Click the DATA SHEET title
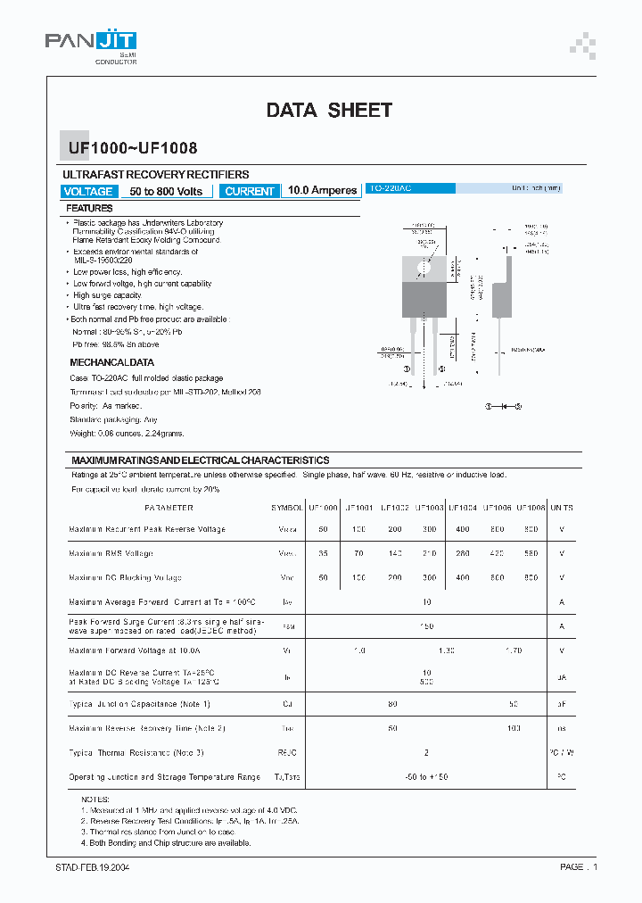[329, 111]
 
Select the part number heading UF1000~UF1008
[129, 149]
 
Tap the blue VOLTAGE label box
[88, 191]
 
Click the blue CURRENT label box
[250, 191]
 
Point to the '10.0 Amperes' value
[322, 191]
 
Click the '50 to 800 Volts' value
[166, 191]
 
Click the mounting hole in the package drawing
[424, 267]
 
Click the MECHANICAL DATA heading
[111, 362]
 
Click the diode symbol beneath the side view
[504, 406]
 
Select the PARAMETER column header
[169, 508]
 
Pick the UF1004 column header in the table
[463, 508]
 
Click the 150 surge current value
[427, 627]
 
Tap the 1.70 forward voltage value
[514, 651]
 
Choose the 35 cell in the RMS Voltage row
[323, 553]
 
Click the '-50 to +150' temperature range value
[427, 777]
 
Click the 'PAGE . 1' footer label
[579, 867]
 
